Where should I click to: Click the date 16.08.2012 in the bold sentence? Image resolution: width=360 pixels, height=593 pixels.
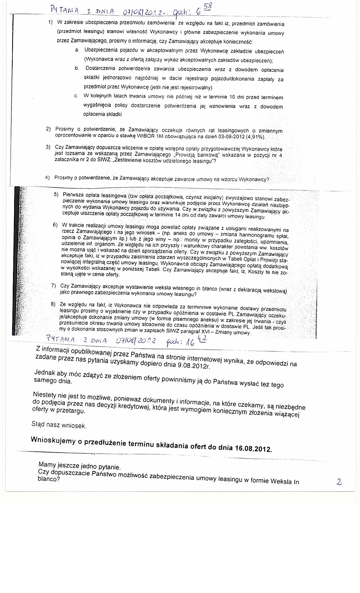(253, 448)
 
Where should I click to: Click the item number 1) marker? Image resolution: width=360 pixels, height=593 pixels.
(51, 22)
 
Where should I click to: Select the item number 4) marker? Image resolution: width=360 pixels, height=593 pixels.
(47, 177)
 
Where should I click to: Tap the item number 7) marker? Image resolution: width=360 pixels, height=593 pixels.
(54, 285)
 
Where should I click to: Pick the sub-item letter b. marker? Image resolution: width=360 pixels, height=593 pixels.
(77, 68)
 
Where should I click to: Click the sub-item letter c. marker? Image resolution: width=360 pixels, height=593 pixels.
(76, 96)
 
